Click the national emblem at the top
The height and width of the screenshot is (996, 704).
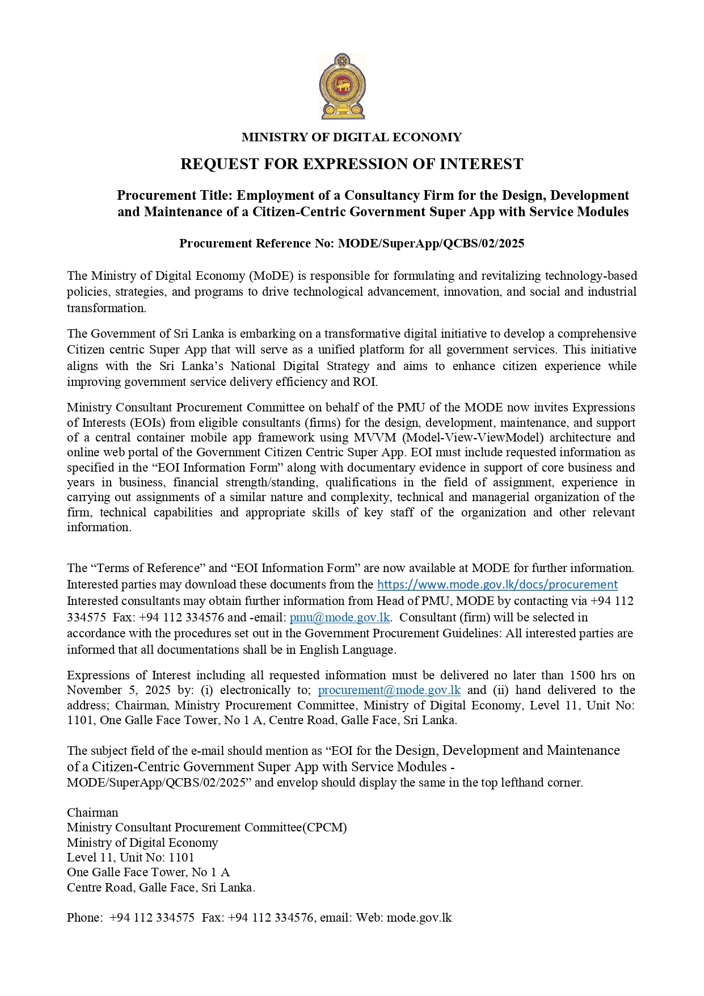[343, 86]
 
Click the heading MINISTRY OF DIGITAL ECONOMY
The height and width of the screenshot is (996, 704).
[352, 137]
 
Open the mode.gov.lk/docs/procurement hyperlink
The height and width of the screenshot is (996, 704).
[497, 585]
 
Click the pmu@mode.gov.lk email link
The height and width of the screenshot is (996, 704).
[339, 617]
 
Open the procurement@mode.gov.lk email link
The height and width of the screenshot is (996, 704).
[389, 691]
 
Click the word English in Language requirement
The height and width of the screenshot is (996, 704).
[320, 650]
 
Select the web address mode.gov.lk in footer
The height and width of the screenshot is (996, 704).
[419, 918]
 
